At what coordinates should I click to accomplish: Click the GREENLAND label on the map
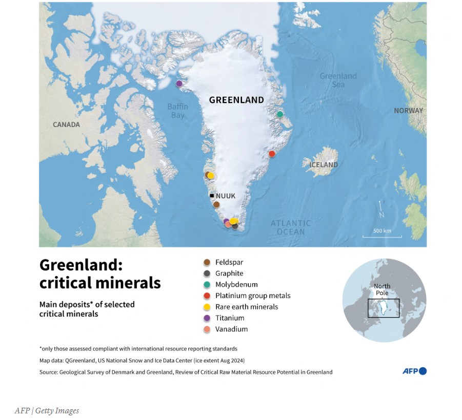(x=236, y=100)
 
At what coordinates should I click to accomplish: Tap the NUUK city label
(x=226, y=196)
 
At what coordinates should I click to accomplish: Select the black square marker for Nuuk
(x=211, y=195)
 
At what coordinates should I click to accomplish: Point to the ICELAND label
(x=324, y=165)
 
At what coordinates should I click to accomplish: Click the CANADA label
(x=67, y=124)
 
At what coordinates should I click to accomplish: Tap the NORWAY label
(x=408, y=111)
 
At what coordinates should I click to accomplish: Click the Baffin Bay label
(x=177, y=111)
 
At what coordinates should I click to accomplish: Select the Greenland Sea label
(x=338, y=80)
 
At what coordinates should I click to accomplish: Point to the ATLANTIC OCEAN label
(x=291, y=227)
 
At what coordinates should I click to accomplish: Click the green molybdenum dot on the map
(x=279, y=114)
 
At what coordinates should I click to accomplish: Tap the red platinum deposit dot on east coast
(x=272, y=154)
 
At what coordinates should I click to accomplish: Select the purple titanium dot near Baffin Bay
(x=179, y=83)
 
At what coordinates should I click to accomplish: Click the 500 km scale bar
(x=382, y=236)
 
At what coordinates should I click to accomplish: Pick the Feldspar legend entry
(x=229, y=262)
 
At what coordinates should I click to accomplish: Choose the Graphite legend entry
(x=229, y=274)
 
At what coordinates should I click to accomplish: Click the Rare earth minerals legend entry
(x=246, y=307)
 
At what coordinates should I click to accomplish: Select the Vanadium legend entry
(x=231, y=329)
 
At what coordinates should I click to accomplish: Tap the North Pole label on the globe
(x=382, y=289)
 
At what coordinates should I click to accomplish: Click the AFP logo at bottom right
(x=414, y=371)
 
